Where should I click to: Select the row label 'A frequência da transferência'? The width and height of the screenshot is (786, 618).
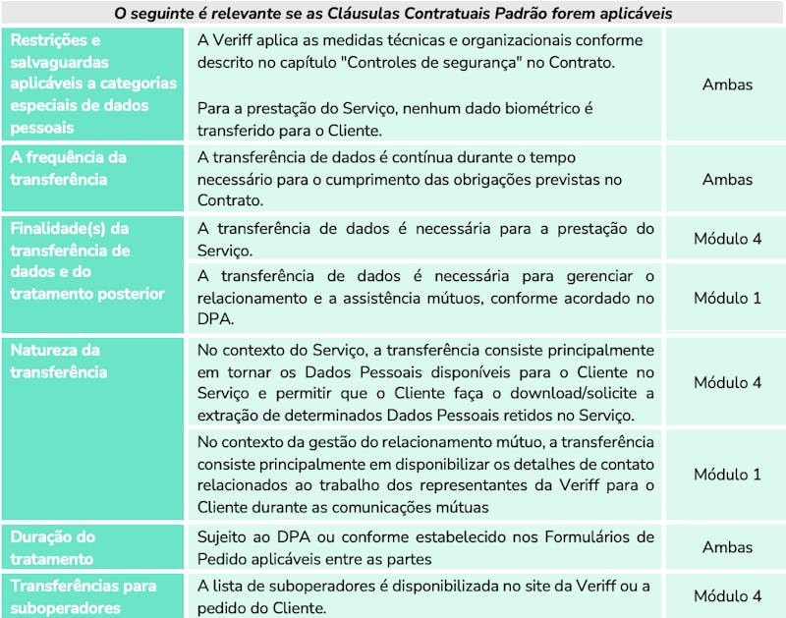(x=68, y=168)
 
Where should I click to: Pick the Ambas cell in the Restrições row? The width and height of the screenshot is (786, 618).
(x=727, y=84)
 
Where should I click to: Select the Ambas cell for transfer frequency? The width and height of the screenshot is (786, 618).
(x=727, y=180)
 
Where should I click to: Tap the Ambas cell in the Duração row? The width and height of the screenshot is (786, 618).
(x=727, y=548)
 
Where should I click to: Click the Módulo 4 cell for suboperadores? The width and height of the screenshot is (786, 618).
(x=727, y=596)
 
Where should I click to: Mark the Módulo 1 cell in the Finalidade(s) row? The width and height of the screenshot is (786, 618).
(x=727, y=299)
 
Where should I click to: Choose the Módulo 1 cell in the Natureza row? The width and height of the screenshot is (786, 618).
(x=727, y=475)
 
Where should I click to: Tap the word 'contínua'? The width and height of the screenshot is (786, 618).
(x=423, y=157)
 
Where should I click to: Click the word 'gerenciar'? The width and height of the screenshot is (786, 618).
(x=601, y=275)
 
